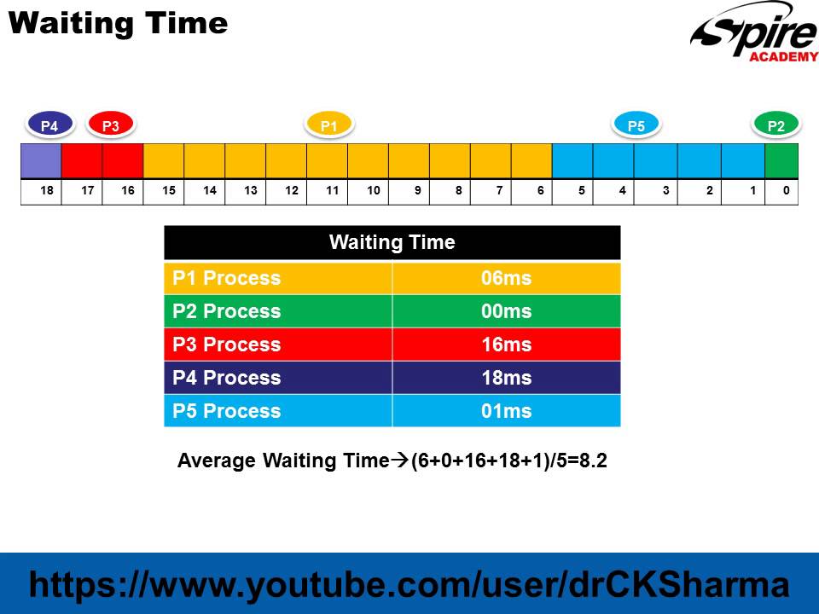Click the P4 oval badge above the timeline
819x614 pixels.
tap(49, 125)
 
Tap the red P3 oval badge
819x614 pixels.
tap(111, 125)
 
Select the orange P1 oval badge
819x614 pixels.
tap(329, 125)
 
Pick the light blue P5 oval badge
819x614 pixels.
tap(636, 125)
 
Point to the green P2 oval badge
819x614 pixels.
tap(776, 125)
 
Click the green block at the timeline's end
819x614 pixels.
tap(781, 160)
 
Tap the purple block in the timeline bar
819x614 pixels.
tap(41, 160)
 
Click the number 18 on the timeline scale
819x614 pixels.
tap(46, 191)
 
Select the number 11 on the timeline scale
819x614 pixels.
tap(332, 191)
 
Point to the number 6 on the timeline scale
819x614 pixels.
tap(541, 191)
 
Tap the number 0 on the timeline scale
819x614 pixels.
tap(786, 191)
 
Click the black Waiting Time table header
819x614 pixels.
tap(392, 242)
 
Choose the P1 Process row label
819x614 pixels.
tap(227, 278)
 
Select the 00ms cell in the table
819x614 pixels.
tap(506, 311)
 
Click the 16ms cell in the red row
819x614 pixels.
tap(506, 345)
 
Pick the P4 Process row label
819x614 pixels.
tap(227, 378)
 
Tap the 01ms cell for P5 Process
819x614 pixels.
tap(506, 411)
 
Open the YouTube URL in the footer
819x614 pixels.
tap(409, 585)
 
